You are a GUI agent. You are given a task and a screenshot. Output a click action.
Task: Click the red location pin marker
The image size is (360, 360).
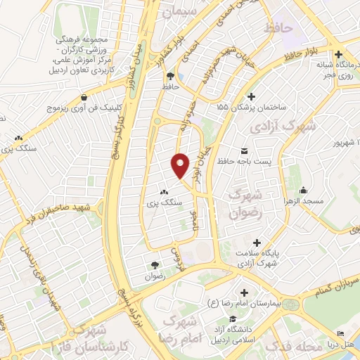click(x=181, y=163)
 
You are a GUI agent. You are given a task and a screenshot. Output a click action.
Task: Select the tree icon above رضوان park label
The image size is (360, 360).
click(x=155, y=264)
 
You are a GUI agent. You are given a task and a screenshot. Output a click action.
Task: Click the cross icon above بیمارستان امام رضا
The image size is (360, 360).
click(x=244, y=292)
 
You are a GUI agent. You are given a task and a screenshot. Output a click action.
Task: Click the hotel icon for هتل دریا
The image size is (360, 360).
click(x=341, y=333)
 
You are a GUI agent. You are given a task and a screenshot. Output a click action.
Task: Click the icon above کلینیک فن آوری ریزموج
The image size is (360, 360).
click(x=84, y=97)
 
